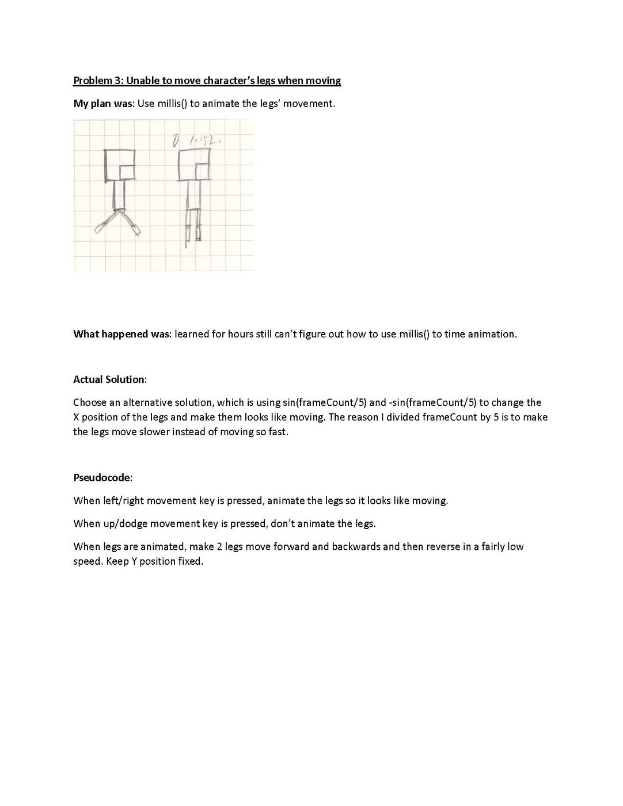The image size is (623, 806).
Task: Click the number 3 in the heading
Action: [x=119, y=81]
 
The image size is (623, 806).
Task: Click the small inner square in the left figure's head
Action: [x=127, y=171]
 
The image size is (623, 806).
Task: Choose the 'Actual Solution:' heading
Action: [x=110, y=379]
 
